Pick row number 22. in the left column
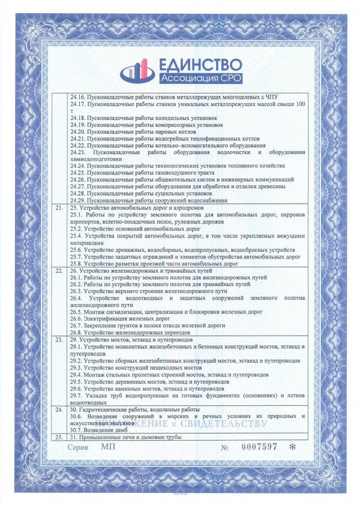(x=58, y=271)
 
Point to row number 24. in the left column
(x=58, y=410)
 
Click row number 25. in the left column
(x=58, y=436)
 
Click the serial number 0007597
(x=260, y=448)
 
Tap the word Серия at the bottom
(x=78, y=448)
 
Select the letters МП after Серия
(x=107, y=448)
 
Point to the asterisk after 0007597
(x=292, y=448)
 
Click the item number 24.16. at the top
(x=78, y=97)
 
